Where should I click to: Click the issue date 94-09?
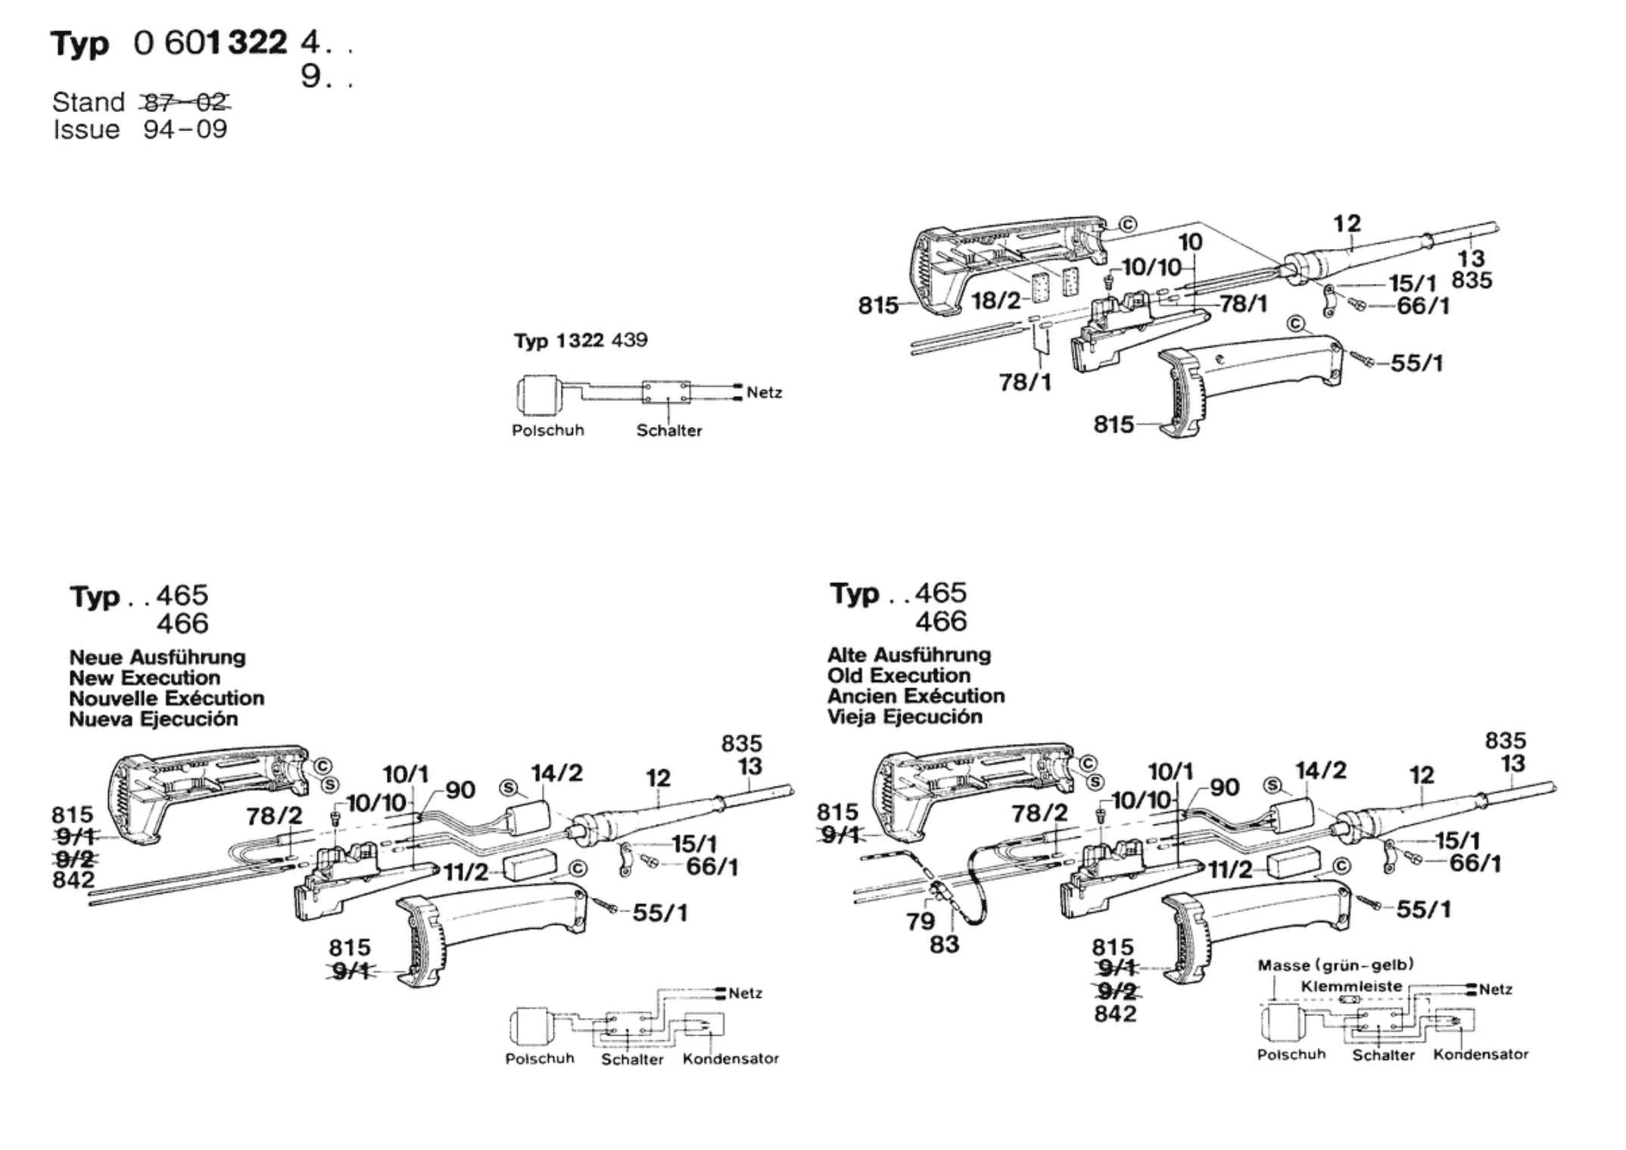pyautogui.click(x=185, y=129)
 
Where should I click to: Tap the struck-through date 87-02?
pyautogui.click(x=185, y=101)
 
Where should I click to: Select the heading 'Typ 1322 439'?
pyautogui.click(x=581, y=341)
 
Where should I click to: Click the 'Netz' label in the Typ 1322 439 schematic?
pyautogui.click(x=764, y=392)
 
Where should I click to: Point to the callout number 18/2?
pyautogui.click(x=996, y=301)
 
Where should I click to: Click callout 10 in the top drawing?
pyautogui.click(x=1190, y=242)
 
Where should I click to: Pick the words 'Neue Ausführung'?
pyautogui.click(x=157, y=657)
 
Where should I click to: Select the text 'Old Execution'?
pyautogui.click(x=899, y=675)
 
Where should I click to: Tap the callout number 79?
pyautogui.click(x=920, y=921)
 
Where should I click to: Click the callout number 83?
pyautogui.click(x=944, y=945)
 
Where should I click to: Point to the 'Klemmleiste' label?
pyautogui.click(x=1351, y=986)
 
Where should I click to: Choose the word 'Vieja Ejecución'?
pyautogui.click(x=905, y=716)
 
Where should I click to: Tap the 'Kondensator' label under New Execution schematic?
pyautogui.click(x=730, y=1058)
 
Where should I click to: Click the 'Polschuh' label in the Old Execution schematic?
pyautogui.click(x=1291, y=1054)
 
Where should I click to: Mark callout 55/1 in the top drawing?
pyautogui.click(x=1416, y=363)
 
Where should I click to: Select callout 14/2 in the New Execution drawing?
pyautogui.click(x=557, y=773)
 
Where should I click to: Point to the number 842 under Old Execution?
pyautogui.click(x=1115, y=1013)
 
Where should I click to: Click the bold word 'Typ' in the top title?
pyautogui.click(x=80, y=43)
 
